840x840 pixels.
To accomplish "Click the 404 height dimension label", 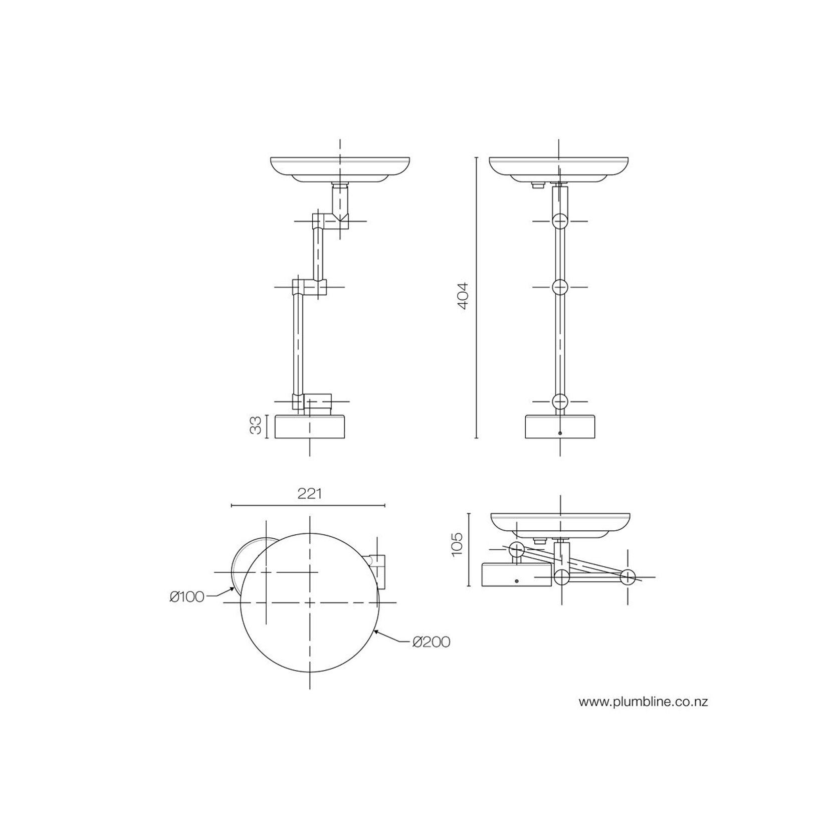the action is click(463, 296).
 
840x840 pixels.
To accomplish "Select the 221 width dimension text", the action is click(309, 494).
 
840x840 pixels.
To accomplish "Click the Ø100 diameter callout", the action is click(187, 596).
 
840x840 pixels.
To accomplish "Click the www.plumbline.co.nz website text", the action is click(643, 702).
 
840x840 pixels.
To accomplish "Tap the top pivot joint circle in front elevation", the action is click(560, 221).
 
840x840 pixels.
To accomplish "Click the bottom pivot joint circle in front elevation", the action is click(560, 401).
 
